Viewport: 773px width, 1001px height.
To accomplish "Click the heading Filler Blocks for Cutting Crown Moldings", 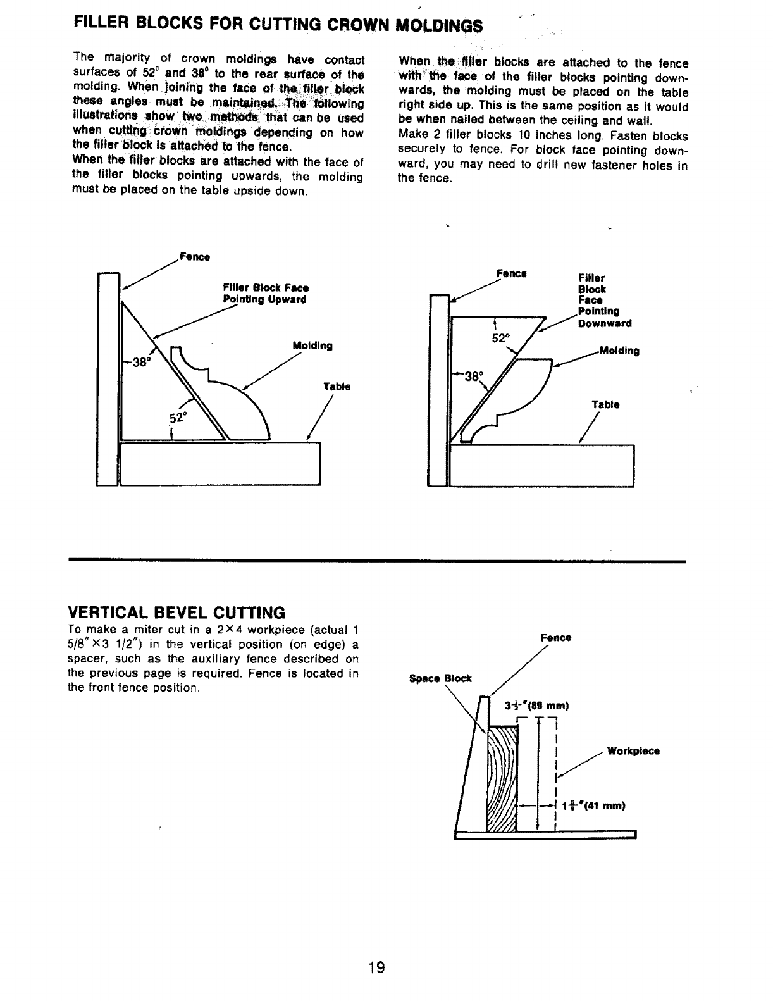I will click(x=278, y=25).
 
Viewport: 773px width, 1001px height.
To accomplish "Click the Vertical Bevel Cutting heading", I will click(x=176, y=612).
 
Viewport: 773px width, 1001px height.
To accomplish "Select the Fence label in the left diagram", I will click(x=195, y=258).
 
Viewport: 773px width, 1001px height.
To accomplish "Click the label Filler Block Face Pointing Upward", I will click(x=265, y=294).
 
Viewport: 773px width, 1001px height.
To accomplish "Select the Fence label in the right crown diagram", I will click(x=512, y=274).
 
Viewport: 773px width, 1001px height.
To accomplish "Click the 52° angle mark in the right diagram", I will click(x=500, y=338).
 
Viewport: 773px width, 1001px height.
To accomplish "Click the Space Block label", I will click(x=440, y=678).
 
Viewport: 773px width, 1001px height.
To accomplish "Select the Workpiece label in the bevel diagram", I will click(x=633, y=751).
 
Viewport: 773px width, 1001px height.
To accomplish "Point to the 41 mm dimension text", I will click(x=595, y=805).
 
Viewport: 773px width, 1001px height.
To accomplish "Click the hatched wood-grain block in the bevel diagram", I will click(x=501, y=779).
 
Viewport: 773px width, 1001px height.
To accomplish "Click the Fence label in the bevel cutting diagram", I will click(x=556, y=638).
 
